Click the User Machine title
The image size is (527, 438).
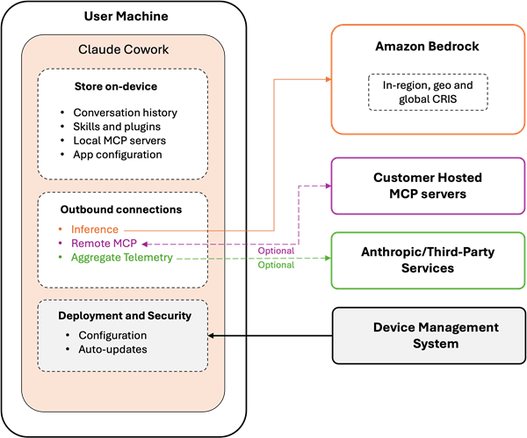click(x=126, y=16)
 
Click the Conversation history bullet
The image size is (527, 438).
click(x=125, y=113)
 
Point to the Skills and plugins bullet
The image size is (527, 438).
click(x=117, y=127)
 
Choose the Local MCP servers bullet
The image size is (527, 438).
click(x=120, y=141)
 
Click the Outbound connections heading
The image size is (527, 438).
click(x=123, y=210)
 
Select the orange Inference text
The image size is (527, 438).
click(x=95, y=230)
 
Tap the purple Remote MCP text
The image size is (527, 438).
click(x=105, y=244)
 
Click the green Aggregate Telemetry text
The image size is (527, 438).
click(x=122, y=258)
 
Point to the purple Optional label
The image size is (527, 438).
click(x=276, y=251)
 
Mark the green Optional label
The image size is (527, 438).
click(x=276, y=265)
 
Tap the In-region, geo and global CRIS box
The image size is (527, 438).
click(x=427, y=91)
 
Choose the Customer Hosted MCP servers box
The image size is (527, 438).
click(x=427, y=185)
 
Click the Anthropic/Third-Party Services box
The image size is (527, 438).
click(x=427, y=259)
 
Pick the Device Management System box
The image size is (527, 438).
click(x=427, y=335)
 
